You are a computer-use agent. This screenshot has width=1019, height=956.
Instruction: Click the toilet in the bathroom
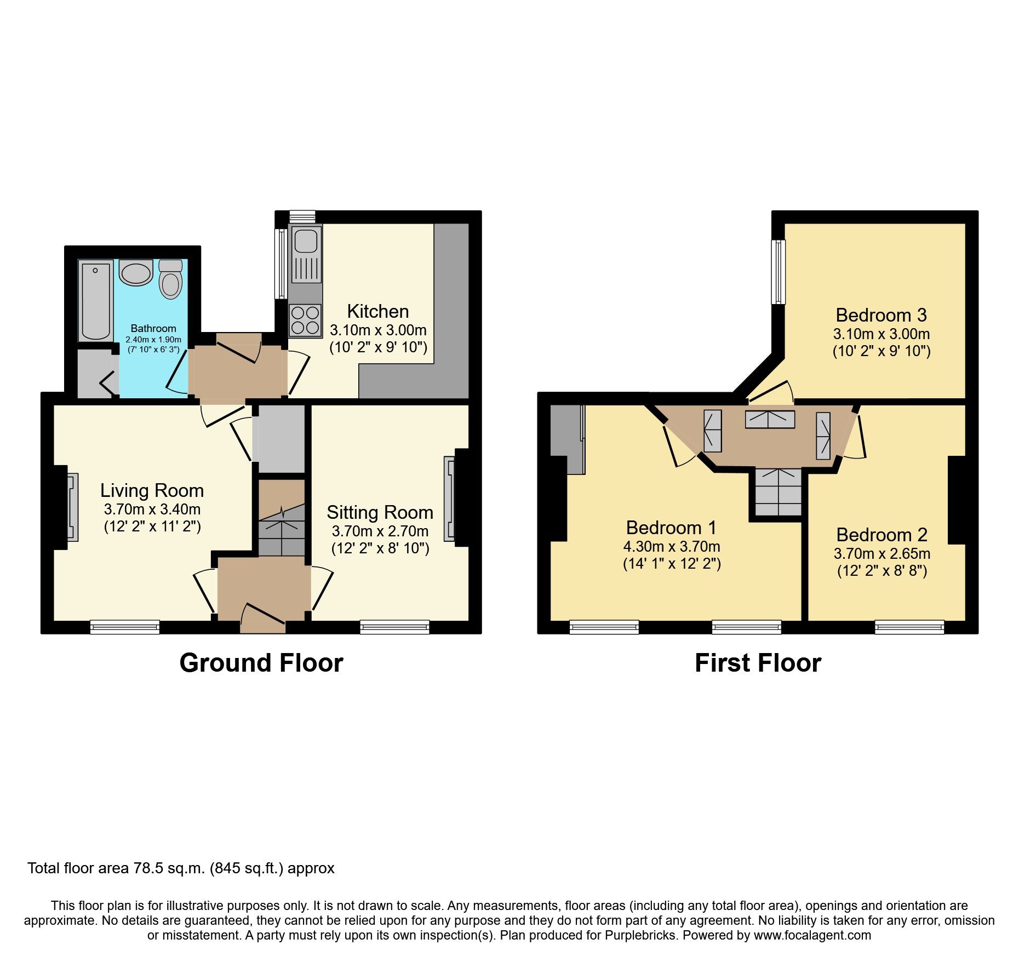pos(171,280)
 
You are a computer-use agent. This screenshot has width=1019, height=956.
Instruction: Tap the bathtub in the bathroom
pos(95,301)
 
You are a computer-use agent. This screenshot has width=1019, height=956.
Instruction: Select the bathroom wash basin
pos(136,273)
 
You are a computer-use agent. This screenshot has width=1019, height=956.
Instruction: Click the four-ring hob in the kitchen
pos(305,320)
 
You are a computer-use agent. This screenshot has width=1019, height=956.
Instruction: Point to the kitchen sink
pos(306,255)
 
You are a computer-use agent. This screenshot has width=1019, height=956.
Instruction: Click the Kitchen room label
pos(378,311)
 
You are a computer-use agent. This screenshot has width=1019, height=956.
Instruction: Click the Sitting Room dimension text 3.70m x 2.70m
pos(380,531)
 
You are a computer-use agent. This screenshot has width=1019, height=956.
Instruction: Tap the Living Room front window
pos(125,627)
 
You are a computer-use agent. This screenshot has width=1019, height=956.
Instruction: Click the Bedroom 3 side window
pos(778,272)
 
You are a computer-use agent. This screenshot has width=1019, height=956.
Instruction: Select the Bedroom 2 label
pos(881,535)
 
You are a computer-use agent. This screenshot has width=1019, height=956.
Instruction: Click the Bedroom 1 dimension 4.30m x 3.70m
pos(672,546)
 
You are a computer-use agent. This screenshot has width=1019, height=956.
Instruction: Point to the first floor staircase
pos(778,491)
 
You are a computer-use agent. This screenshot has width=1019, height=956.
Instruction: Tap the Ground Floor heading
pos(261,663)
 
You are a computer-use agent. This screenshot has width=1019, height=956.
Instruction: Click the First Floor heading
pos(758,663)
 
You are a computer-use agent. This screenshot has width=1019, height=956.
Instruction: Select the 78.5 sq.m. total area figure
pos(170,868)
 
